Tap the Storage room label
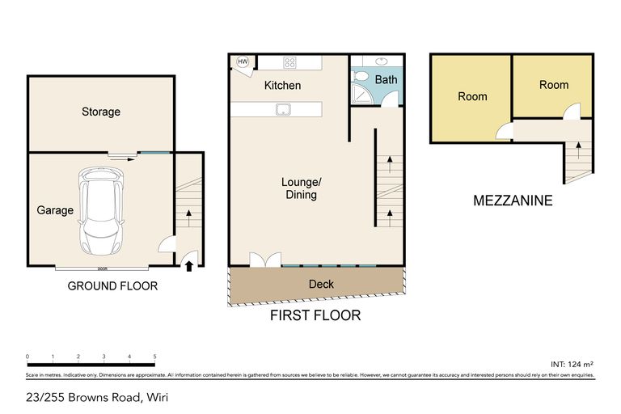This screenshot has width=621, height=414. click(x=101, y=112)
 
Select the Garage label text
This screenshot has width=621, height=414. click(x=55, y=210)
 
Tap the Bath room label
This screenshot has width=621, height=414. click(x=386, y=79)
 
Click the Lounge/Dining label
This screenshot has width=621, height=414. click(x=300, y=188)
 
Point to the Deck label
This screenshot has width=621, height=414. click(x=321, y=285)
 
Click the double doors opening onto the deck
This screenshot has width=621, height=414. click(x=264, y=259)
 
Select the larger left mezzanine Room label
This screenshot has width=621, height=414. click(x=472, y=96)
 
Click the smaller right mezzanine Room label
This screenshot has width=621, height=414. click(x=554, y=85)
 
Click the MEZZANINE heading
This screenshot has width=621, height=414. click(x=513, y=201)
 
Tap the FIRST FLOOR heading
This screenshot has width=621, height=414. click(x=315, y=315)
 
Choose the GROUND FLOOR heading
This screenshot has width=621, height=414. click(x=112, y=285)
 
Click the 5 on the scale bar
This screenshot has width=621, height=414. click(x=154, y=356)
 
